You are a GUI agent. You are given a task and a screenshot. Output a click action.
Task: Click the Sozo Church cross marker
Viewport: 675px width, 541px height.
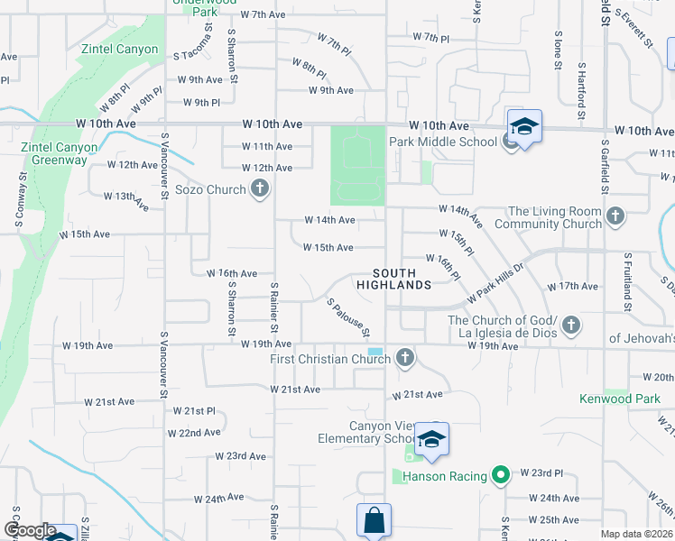[x=260, y=189]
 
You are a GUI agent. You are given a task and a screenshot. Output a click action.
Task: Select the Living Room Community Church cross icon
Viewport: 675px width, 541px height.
[x=615, y=216]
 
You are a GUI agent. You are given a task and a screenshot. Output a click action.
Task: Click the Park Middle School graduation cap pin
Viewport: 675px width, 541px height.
[x=523, y=127]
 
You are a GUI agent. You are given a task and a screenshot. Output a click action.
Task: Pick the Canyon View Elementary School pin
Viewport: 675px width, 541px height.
[x=432, y=440]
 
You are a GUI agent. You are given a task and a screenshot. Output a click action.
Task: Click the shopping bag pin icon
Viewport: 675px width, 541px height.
[x=374, y=521]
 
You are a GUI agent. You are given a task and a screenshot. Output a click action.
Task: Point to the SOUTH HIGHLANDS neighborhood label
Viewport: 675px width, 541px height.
[x=393, y=279]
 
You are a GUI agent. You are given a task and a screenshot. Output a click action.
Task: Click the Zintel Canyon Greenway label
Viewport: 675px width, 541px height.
[x=55, y=153]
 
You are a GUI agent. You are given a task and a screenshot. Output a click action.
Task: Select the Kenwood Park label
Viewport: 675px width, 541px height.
[x=621, y=398]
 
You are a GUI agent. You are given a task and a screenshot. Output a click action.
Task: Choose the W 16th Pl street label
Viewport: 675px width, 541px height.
[x=445, y=266]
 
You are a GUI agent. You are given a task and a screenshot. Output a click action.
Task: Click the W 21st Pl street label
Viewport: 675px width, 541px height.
[x=194, y=410]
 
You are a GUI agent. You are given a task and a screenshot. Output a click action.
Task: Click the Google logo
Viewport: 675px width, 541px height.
[x=30, y=531]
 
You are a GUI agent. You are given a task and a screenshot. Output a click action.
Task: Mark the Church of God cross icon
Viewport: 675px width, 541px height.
[x=570, y=325]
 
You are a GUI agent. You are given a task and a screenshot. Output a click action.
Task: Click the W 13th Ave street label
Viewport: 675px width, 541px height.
[x=126, y=198]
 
